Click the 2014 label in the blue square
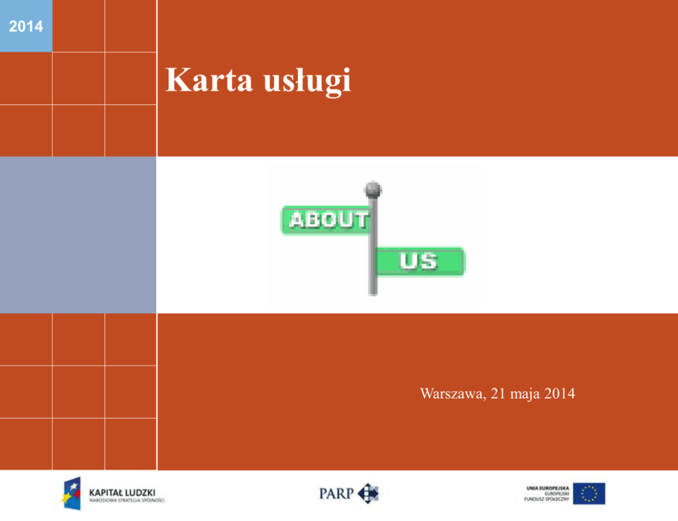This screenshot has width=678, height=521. tap(26, 27)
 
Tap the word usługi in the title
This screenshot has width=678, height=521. tap(307, 81)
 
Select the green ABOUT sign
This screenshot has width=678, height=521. tap(326, 220)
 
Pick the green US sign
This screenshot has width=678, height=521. tap(420, 261)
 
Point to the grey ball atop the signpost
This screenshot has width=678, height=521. tap(372, 190)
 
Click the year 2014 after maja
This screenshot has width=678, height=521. tap(560, 393)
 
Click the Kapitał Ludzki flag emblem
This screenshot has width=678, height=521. tap(71, 494)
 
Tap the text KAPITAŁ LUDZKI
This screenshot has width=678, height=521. tap(122, 492)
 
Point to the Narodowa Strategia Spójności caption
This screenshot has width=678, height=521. tap(126, 501)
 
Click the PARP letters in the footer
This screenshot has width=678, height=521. tap(336, 494)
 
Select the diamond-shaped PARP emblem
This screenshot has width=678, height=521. tap(368, 494)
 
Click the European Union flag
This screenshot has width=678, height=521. tap(589, 494)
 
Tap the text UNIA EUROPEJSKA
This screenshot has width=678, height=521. tap(547, 488)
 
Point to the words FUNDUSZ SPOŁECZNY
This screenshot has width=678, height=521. tap(547, 499)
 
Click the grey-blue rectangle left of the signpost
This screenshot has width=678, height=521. tap(78, 235)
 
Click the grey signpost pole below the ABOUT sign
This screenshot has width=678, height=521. tap(372, 266)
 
